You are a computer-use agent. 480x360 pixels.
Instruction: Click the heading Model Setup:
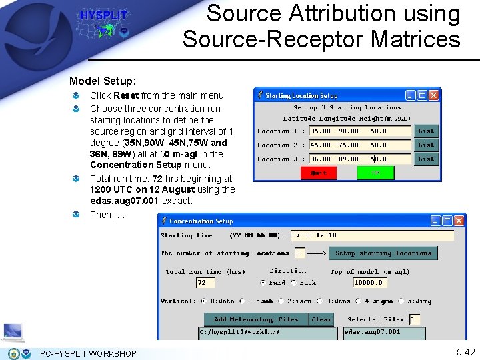pos(102,81)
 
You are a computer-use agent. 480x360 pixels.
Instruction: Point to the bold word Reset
pos(126,95)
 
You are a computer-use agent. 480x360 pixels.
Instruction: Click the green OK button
pos(375,173)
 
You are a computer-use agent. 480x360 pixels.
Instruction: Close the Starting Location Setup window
pos(433,95)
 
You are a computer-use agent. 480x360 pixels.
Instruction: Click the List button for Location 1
pos(426,131)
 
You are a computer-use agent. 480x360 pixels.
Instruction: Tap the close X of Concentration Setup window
pos(459,221)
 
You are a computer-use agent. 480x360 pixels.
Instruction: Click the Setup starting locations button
pos(383,253)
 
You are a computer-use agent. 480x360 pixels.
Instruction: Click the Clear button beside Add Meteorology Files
pos(322,319)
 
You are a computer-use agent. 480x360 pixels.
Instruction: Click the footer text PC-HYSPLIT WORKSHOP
pos(88,353)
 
